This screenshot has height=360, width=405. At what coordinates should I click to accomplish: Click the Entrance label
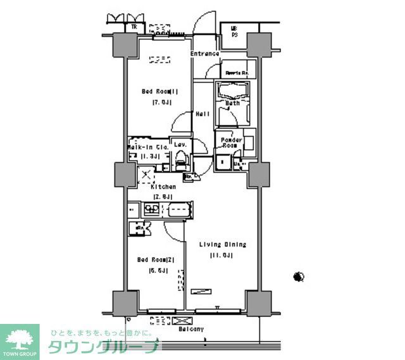pos(204,54)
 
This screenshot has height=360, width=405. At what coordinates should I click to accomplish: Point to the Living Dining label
pos(222,245)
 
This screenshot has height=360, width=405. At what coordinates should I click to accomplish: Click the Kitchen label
pos(163,187)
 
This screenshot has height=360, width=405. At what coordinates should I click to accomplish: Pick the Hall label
pos(202,115)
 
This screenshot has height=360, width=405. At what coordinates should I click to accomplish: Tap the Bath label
pos(232,102)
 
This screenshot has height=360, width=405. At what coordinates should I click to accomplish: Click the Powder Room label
pos(232,143)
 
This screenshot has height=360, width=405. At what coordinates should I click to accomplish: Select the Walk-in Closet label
pos(147,147)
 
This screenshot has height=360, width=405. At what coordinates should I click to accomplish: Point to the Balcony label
pos(190,330)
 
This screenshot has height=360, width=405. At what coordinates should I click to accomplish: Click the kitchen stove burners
pos(152,208)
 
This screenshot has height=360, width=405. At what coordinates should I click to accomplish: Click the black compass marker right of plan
pos(299,276)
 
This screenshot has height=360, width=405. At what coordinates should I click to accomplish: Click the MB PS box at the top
pos(234,31)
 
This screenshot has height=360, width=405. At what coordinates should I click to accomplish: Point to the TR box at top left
pos(134,27)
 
